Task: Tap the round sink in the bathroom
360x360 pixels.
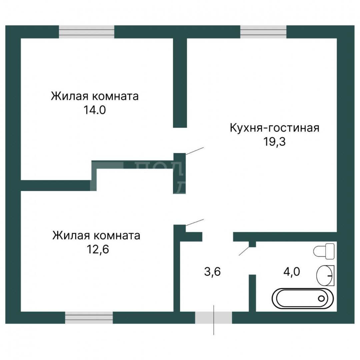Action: [x=325, y=275]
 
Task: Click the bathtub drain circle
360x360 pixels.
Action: [x=322, y=298]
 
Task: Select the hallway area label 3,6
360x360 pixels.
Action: [x=212, y=272]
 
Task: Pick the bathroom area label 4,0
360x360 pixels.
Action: [x=292, y=272]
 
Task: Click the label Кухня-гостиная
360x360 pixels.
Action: [x=274, y=128]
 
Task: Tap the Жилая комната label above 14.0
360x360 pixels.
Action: [x=95, y=97]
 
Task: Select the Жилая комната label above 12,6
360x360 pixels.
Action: [x=96, y=236]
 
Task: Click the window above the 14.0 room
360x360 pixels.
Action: [x=87, y=32]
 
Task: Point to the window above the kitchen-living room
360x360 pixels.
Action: [x=263, y=32]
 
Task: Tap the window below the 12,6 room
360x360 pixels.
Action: [x=89, y=318]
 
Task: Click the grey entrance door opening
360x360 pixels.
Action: [x=213, y=318]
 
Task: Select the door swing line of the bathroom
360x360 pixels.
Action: [x=244, y=251]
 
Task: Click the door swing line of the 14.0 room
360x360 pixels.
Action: [x=194, y=151]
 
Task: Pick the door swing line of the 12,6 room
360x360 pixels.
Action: [x=194, y=222]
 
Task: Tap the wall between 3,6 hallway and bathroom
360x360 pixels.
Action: [x=252, y=293]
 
